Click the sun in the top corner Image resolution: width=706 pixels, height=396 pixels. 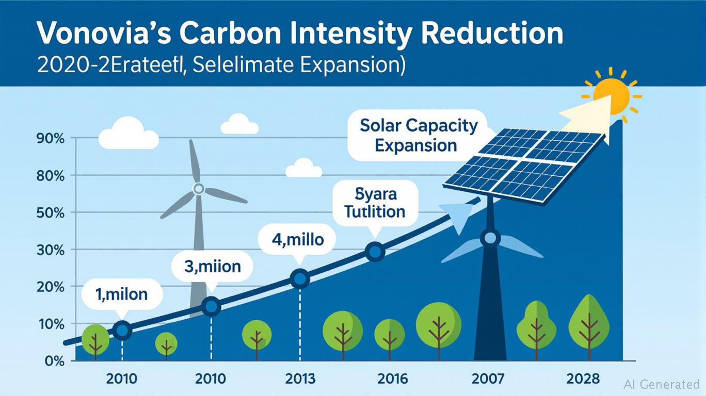(x=611, y=95)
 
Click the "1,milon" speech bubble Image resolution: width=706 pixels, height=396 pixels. (x=122, y=294)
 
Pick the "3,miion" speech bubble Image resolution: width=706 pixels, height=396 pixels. (x=212, y=267)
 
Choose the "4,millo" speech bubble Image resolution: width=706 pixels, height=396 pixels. (x=298, y=240)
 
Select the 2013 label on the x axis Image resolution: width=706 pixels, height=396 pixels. (x=300, y=379)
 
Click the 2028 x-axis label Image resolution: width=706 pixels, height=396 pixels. (x=583, y=379)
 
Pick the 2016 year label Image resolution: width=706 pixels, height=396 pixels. (x=393, y=379)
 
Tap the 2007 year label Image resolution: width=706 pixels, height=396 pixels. (x=488, y=379)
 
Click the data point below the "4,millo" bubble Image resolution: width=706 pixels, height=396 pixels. (x=300, y=279)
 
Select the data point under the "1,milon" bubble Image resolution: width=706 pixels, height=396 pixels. (x=122, y=330)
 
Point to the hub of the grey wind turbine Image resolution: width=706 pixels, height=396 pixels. (x=198, y=189)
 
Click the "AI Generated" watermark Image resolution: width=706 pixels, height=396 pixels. (x=662, y=384)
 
